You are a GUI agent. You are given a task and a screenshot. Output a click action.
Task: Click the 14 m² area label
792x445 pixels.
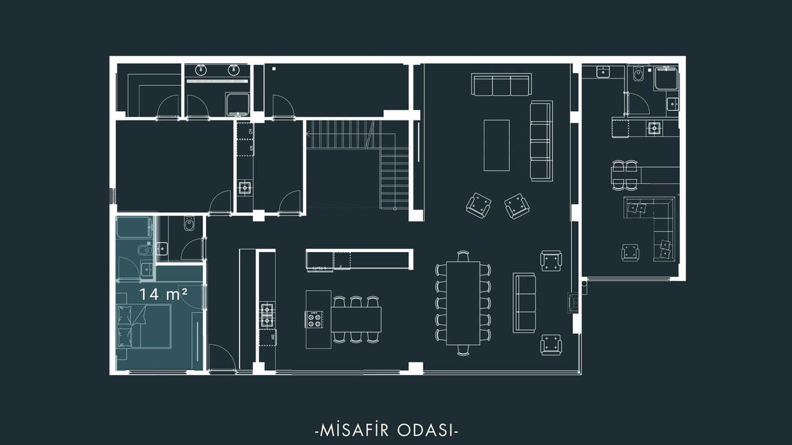pos(163,294)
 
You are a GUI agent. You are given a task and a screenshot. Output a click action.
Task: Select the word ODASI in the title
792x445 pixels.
pos(425,431)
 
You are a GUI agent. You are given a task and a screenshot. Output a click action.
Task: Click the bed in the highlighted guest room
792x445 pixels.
pos(144,327)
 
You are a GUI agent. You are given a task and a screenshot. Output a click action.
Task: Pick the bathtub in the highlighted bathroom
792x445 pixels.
pos(135,228)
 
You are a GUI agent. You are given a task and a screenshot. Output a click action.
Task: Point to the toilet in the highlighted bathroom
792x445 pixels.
pos(145,250)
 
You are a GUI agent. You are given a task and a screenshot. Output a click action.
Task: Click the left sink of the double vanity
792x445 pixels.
pos(201,70)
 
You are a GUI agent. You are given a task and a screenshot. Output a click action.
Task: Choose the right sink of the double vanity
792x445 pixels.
pos(234,70)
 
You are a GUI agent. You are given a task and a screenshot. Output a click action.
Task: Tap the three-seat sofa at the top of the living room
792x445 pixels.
pos(501,85)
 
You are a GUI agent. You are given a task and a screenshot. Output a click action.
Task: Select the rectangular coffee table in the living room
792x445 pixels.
pos(497,145)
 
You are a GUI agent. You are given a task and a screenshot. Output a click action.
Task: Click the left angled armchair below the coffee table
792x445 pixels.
pos(478,205)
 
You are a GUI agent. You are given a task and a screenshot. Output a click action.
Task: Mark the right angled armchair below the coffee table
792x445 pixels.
pos(517,206)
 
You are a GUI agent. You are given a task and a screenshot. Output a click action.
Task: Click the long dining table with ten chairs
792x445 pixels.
pos(463,303)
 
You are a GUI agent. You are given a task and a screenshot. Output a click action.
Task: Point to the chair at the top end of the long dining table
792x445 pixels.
pos(463,256)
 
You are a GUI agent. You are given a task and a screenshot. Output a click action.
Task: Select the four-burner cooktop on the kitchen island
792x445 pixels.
pos(314,320)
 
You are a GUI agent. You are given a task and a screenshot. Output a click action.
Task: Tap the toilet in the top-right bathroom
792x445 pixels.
pos(638,74)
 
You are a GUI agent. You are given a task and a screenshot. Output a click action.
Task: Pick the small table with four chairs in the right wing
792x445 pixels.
pos(625,176)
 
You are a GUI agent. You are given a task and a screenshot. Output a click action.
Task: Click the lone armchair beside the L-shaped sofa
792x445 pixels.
pos(630,252)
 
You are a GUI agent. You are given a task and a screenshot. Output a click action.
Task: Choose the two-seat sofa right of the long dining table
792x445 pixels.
pos(524,303)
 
